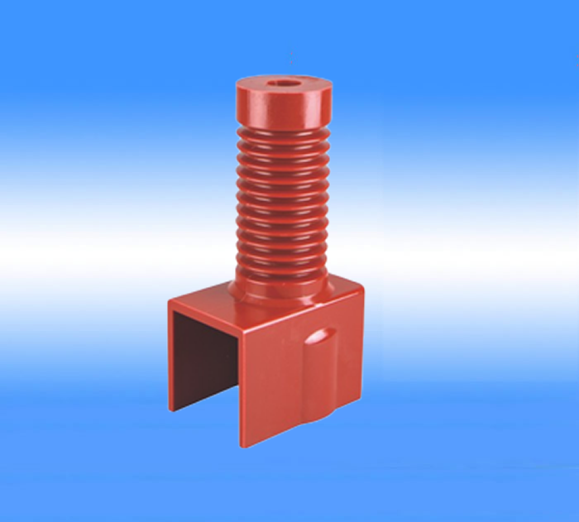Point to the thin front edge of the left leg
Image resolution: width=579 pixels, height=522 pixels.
click(171, 356)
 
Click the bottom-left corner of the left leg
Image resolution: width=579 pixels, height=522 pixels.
click(170, 409)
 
